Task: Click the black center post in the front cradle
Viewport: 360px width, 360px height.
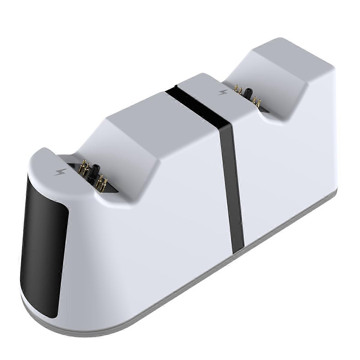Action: [96, 171]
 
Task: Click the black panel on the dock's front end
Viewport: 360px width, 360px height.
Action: [43, 228]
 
